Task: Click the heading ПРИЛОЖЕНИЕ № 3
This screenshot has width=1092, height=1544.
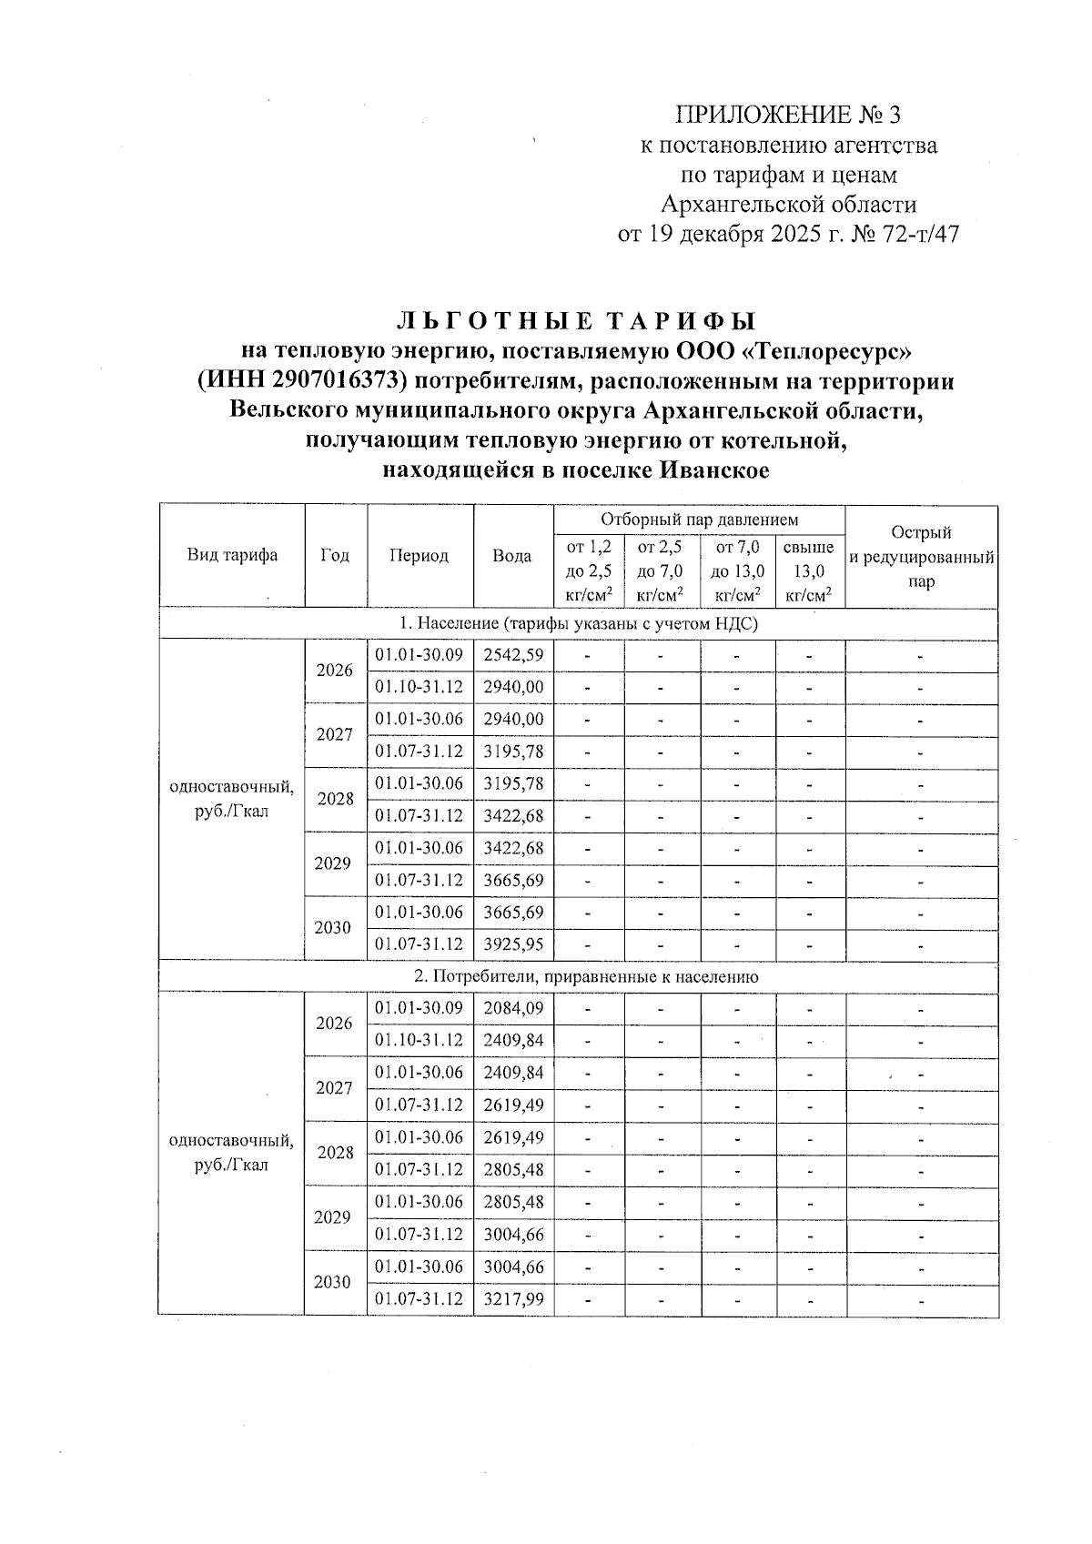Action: [789, 115]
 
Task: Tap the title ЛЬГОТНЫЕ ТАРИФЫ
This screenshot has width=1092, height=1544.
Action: [576, 320]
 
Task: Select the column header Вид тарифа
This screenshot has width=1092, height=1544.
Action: [232, 555]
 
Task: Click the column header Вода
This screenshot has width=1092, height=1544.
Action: [512, 555]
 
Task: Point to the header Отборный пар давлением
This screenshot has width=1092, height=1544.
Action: [699, 520]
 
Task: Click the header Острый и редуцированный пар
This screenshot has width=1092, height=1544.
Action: [921, 557]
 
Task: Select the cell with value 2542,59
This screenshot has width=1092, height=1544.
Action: [513, 655]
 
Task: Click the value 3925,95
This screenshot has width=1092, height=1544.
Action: [513, 944]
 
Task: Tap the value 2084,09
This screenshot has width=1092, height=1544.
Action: [513, 1008]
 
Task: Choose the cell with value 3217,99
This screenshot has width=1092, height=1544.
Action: [513, 1299]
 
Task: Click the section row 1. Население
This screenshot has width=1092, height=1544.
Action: [579, 624]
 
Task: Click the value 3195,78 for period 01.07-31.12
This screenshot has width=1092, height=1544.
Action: [513, 752]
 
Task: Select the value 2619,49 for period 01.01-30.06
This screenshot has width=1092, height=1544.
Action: [513, 1137]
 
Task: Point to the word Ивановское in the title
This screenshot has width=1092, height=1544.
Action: [713, 470]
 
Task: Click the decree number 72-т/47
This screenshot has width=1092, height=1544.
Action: [921, 235]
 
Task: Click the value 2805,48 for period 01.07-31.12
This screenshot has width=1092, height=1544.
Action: [513, 1169]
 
